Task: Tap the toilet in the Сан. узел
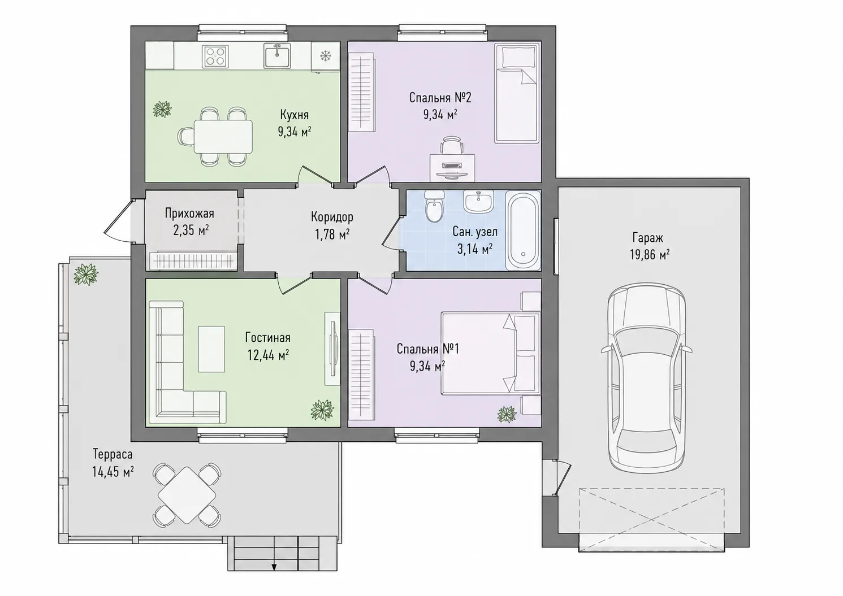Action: pyautogui.click(x=434, y=206)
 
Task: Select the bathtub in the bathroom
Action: pyautogui.click(x=523, y=230)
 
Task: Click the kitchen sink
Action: pyautogui.click(x=278, y=55)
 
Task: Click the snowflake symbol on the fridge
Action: pyautogui.click(x=325, y=56)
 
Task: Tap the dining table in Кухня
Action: pyautogui.click(x=223, y=137)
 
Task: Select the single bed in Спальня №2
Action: pyautogui.click(x=517, y=93)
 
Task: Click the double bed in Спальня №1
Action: pyautogui.click(x=491, y=353)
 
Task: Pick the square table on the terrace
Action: pyautogui.click(x=187, y=495)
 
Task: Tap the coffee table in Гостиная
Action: pyautogui.click(x=211, y=349)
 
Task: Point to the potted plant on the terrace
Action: pyautogui.click(x=86, y=274)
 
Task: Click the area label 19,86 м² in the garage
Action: pyautogui.click(x=650, y=255)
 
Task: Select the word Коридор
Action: pyautogui.click(x=332, y=217)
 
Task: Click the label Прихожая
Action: pyautogui.click(x=189, y=214)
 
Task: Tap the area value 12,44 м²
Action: pyautogui.click(x=268, y=355)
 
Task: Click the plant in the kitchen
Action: pyautogui.click(x=163, y=110)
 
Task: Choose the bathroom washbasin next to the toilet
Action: pyautogui.click(x=478, y=201)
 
